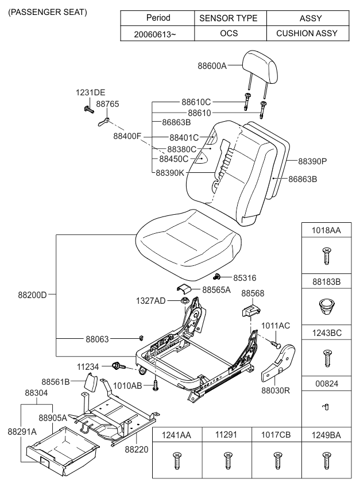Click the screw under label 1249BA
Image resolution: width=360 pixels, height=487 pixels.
(x=327, y=460)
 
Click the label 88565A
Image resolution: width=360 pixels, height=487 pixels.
(x=216, y=290)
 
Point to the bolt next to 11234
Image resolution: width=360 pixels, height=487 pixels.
(x=119, y=365)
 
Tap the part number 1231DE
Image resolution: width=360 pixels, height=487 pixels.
(x=91, y=93)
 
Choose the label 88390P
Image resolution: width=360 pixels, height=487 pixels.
(x=313, y=161)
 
